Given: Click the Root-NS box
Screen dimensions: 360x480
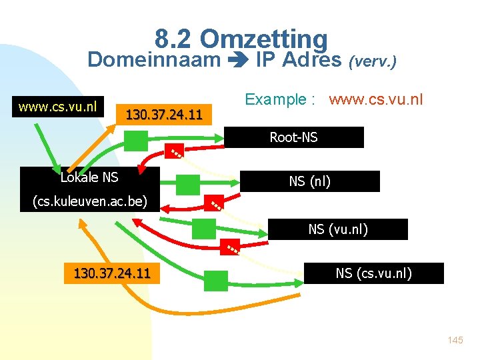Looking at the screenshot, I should (x=293, y=137).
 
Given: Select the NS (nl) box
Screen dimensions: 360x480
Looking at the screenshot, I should (x=309, y=181).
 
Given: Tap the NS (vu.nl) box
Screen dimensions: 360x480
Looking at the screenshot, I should (x=337, y=229).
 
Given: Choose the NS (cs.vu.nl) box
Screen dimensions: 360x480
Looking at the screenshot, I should (x=373, y=273).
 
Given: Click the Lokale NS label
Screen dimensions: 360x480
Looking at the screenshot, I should (x=89, y=177).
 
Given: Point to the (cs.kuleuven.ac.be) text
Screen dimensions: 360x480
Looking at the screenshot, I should (x=90, y=201).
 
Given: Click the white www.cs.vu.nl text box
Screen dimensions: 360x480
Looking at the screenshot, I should (x=58, y=106).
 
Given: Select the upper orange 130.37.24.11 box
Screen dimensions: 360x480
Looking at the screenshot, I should (x=164, y=114).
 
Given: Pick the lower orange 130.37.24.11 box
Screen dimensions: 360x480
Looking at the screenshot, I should (x=112, y=273).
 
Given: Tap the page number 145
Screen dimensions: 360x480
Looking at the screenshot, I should (x=455, y=340).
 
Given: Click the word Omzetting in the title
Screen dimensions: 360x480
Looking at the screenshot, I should (x=263, y=39).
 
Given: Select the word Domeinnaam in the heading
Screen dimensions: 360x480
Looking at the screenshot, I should (x=154, y=61).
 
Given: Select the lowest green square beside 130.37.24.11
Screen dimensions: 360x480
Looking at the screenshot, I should (x=216, y=280).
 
